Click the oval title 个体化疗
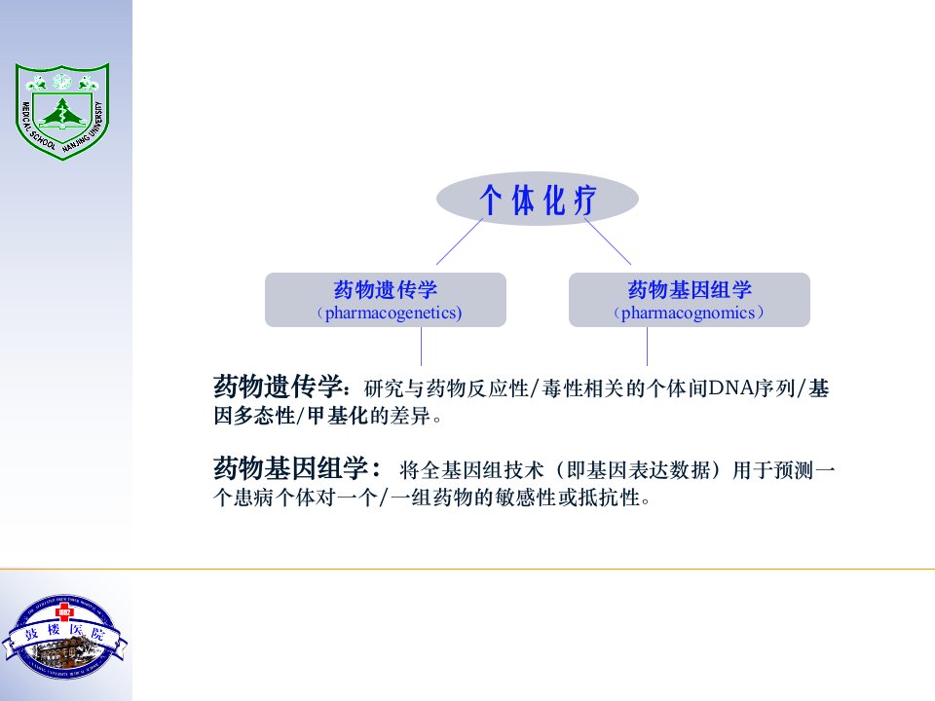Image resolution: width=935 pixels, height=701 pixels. [538, 199]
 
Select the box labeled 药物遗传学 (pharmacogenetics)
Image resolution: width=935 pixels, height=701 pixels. [386, 300]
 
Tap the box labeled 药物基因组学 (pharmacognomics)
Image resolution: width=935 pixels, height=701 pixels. [690, 300]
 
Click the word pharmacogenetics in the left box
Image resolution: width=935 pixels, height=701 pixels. [392, 313]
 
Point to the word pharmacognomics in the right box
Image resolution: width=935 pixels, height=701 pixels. [689, 313]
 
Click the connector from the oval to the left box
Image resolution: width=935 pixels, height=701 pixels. [459, 241]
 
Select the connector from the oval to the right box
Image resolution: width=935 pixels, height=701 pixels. [608, 241]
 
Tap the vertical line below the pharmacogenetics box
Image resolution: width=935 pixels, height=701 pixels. [421, 347]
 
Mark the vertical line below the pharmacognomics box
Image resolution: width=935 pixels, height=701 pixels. [647, 347]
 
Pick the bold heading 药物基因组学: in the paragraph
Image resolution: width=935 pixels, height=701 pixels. [297, 468]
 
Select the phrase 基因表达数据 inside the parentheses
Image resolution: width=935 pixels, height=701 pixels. [638, 470]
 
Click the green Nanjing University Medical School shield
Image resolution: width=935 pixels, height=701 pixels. [62, 111]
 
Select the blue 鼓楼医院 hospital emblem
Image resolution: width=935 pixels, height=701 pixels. [64, 637]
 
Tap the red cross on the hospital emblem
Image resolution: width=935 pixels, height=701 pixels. [64, 612]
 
